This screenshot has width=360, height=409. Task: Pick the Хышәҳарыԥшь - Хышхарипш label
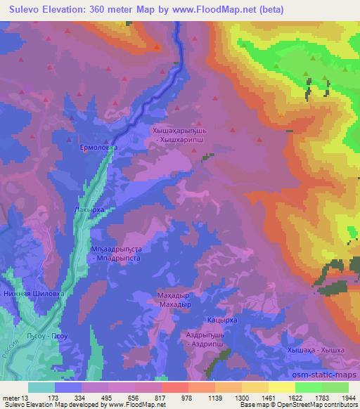pyautogui.click(x=186, y=135)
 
